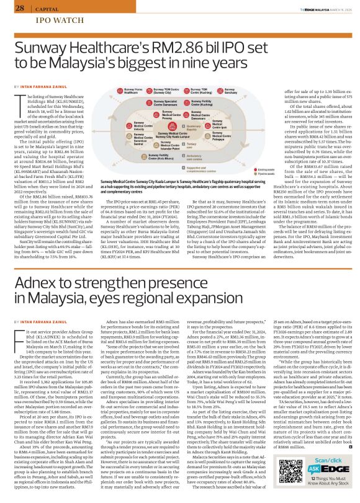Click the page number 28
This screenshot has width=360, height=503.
(x=20, y=8)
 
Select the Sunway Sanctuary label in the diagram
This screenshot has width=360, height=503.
(x=242, y=91)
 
